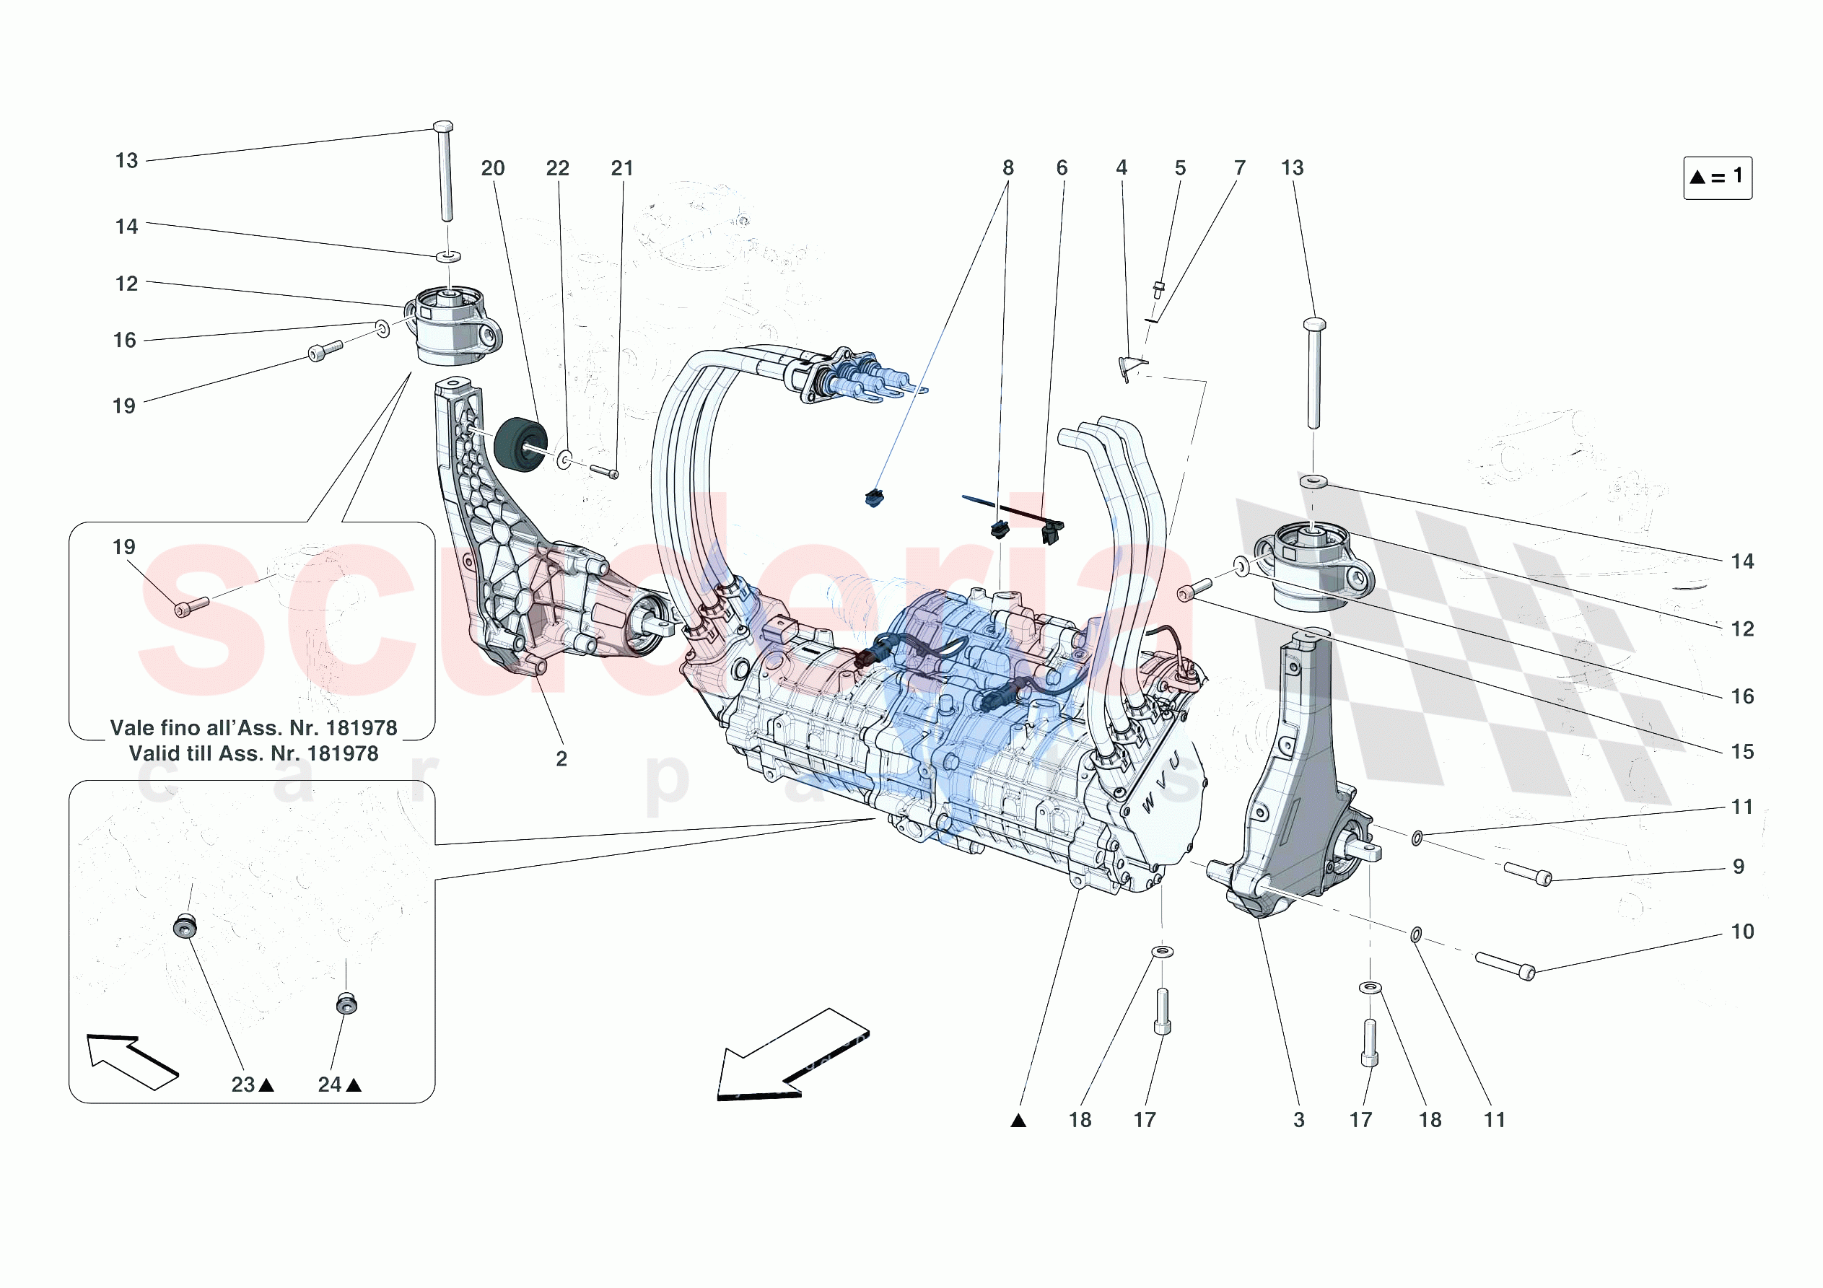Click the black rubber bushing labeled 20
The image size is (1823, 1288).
(520, 444)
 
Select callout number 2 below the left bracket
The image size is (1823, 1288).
(561, 759)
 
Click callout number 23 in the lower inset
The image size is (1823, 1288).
(243, 1085)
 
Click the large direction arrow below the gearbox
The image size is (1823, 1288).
(792, 1054)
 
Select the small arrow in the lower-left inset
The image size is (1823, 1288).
(131, 1061)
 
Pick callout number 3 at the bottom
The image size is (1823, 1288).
(1299, 1120)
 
